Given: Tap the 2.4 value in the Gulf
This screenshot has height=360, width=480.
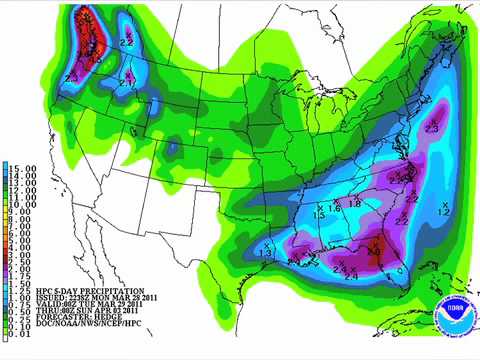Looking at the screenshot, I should [x=351, y=275].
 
